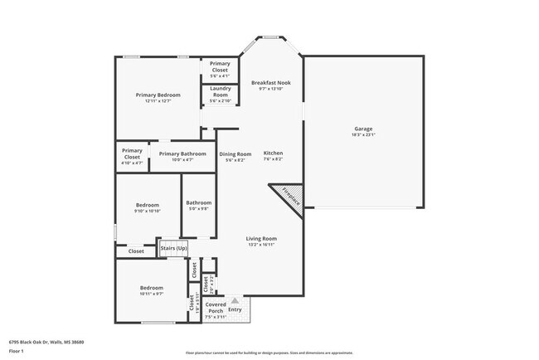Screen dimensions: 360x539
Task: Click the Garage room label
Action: (x=363, y=132)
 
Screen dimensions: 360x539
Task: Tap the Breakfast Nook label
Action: (x=271, y=85)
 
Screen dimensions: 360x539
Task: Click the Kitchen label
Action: (x=273, y=156)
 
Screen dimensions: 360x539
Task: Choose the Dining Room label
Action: (x=235, y=156)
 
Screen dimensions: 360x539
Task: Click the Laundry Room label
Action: (x=220, y=92)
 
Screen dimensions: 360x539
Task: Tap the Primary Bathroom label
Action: (x=182, y=156)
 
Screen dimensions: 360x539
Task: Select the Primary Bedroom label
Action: (x=158, y=98)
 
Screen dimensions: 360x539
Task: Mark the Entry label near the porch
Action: (x=236, y=310)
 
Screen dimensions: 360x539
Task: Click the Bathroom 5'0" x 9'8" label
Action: (x=198, y=206)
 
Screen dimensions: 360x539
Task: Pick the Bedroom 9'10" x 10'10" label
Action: (x=148, y=207)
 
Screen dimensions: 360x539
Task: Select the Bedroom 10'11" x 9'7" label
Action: (x=152, y=290)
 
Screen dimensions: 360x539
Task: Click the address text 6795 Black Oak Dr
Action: (x=46, y=342)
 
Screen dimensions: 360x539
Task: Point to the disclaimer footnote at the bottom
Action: (x=269, y=353)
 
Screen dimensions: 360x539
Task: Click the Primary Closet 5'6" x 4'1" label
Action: (x=220, y=67)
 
